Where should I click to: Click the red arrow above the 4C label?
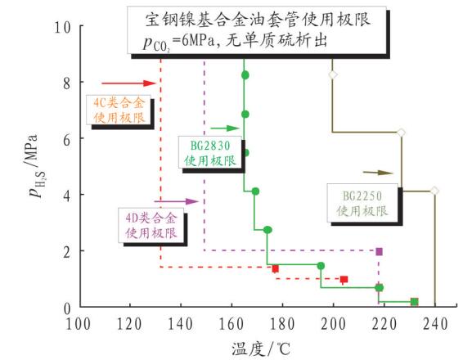[128, 83]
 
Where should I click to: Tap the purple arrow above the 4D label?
[177, 201]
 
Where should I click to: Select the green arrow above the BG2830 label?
[225, 128]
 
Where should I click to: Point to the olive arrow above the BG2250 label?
[378, 173]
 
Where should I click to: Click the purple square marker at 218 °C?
[379, 251]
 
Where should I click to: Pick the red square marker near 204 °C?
[344, 279]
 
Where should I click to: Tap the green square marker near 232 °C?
[415, 302]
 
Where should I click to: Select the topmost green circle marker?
[245, 75]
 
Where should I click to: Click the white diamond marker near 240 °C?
[434, 191]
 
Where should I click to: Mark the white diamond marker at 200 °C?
[332, 74]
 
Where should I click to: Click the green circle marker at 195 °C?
[321, 266]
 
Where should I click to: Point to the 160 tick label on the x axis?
[232, 324]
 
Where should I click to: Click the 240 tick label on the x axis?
[435, 324]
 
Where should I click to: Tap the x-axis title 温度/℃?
[261, 349]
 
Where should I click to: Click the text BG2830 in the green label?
[210, 146]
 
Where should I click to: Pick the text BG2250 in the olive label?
[362, 196]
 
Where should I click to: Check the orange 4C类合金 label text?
[119, 103]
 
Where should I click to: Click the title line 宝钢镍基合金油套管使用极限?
[258, 20]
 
